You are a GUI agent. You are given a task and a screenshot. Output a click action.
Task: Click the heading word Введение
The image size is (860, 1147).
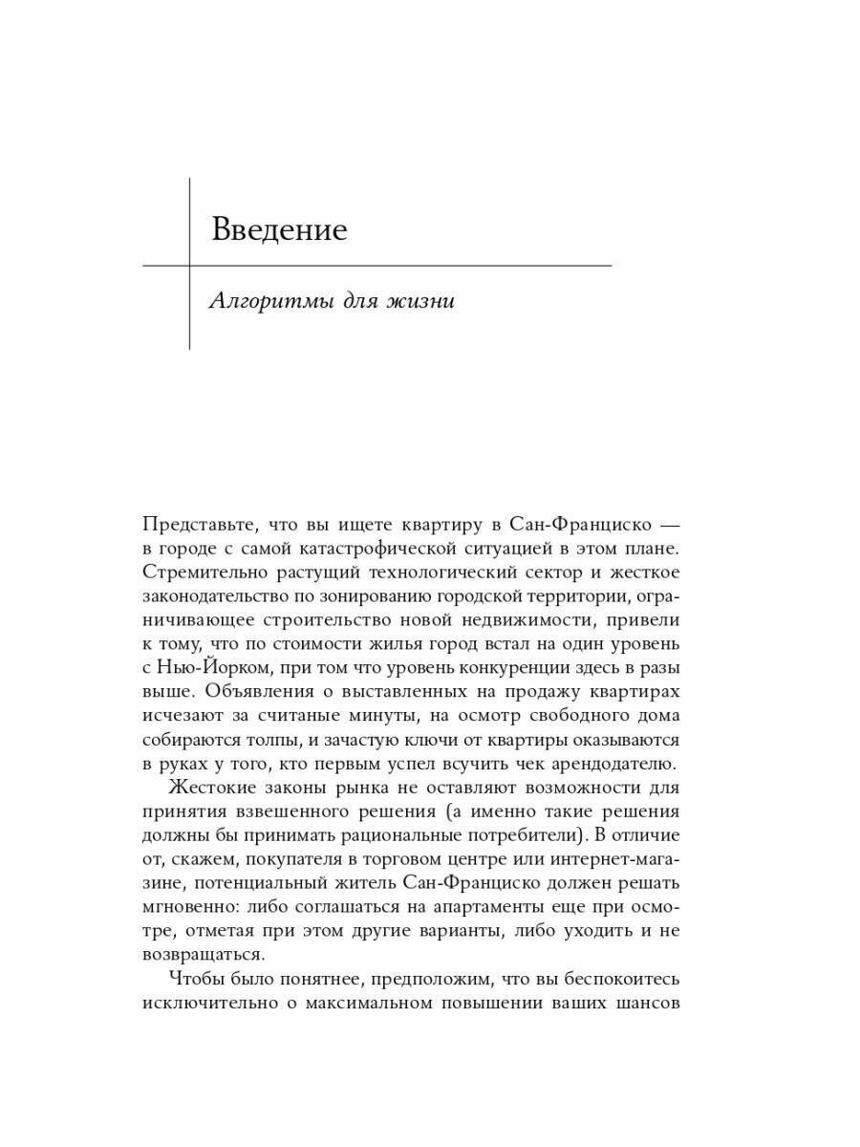click(x=279, y=230)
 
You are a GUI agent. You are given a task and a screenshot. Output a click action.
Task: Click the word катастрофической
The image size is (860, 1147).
click(x=415, y=549)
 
